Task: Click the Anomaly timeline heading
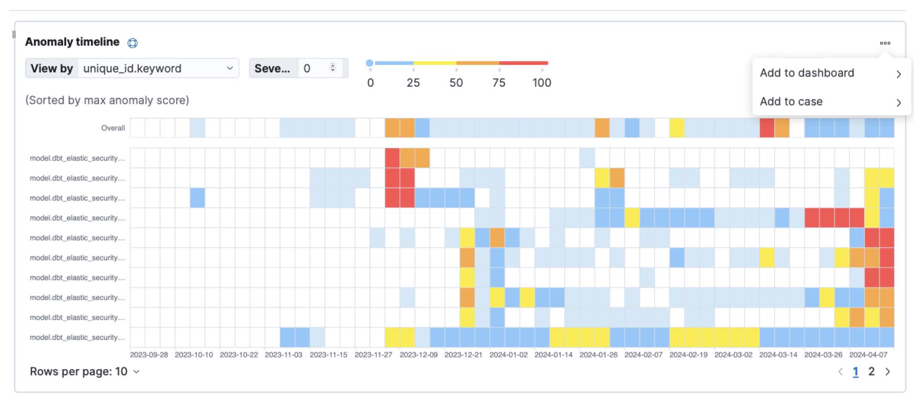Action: coord(72,42)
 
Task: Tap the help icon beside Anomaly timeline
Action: coord(132,43)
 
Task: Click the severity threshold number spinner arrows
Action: coord(333,68)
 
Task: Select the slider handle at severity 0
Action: coord(370,63)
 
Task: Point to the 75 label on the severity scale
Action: coord(499,83)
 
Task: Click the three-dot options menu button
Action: coord(885,43)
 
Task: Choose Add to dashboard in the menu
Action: coord(807,73)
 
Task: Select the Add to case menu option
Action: coord(791,102)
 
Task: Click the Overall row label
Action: coord(113,128)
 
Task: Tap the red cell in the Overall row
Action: coord(767,128)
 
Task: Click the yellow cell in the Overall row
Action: coord(677,128)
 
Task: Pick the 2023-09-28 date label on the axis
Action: coord(149,355)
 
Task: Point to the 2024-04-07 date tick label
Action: coord(868,355)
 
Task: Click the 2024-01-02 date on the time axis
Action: coord(508,355)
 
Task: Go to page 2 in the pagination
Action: coord(871,372)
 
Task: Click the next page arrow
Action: coord(888,372)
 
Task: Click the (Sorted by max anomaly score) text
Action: coord(107,100)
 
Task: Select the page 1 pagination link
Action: coord(856,372)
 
